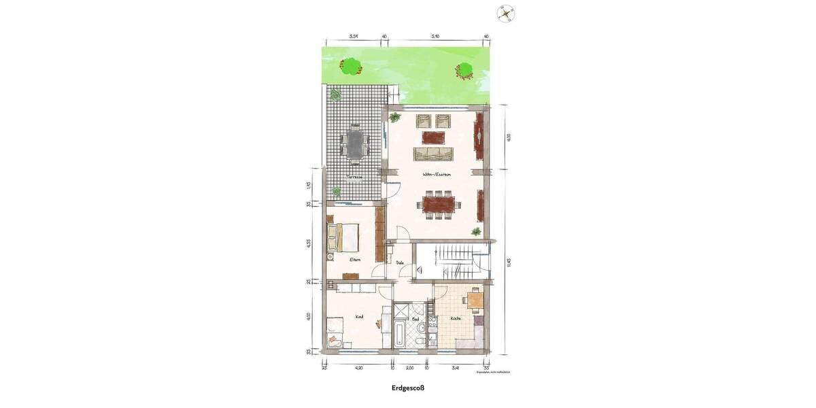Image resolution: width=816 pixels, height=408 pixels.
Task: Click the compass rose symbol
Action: (x=505, y=12)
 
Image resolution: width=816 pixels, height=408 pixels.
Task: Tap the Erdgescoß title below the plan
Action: (x=407, y=390)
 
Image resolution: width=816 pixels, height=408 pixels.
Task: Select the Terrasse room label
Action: (x=353, y=177)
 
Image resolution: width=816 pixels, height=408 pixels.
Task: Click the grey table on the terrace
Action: (x=354, y=143)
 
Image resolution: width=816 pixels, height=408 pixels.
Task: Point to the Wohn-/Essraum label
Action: (x=438, y=175)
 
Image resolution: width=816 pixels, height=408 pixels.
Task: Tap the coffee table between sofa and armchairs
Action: (x=435, y=137)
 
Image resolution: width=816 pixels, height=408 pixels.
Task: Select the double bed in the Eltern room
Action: (x=344, y=237)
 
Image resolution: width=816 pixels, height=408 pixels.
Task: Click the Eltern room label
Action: (x=354, y=260)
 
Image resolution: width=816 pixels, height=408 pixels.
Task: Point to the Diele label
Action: (x=401, y=262)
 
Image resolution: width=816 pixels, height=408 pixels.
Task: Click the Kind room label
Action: (x=358, y=318)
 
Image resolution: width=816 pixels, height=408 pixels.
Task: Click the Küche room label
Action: (x=456, y=318)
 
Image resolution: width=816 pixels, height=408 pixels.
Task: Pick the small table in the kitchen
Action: (x=475, y=299)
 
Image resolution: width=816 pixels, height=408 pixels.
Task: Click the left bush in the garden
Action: (x=350, y=66)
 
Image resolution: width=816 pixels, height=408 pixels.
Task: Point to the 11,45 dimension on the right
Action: (x=507, y=262)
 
